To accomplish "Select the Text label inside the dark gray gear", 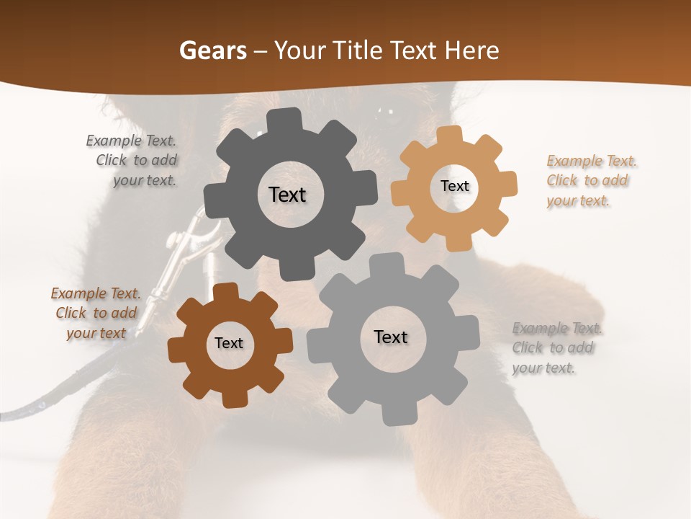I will tap(287, 195).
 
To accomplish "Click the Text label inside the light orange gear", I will tap(454, 186).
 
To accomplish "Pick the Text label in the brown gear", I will tap(229, 343).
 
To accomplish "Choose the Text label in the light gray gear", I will tap(391, 337).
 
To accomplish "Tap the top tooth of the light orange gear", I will tap(450, 136).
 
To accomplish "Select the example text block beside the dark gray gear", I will tap(134, 161).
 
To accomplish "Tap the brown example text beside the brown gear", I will tap(96, 313).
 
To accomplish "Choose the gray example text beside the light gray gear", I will tap(556, 347).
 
